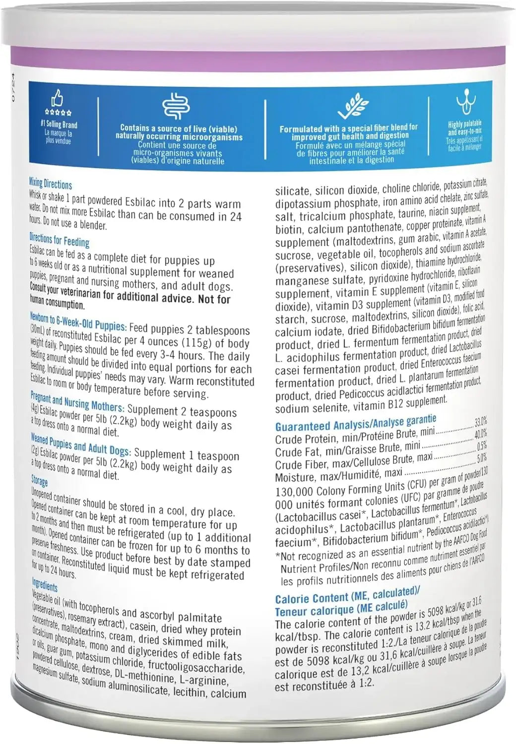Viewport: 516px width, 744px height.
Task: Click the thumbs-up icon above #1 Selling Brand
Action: click(x=58, y=98)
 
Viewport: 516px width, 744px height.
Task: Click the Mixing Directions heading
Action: click(x=50, y=184)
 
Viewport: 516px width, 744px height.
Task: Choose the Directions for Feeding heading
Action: click(x=59, y=241)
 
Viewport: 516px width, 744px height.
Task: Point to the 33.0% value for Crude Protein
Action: click(x=480, y=422)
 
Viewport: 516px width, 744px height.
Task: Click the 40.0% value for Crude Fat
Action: click(x=480, y=434)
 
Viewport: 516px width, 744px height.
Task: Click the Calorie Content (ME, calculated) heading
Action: click(x=347, y=595)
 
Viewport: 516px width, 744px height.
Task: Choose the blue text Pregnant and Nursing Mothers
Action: click(x=77, y=402)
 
